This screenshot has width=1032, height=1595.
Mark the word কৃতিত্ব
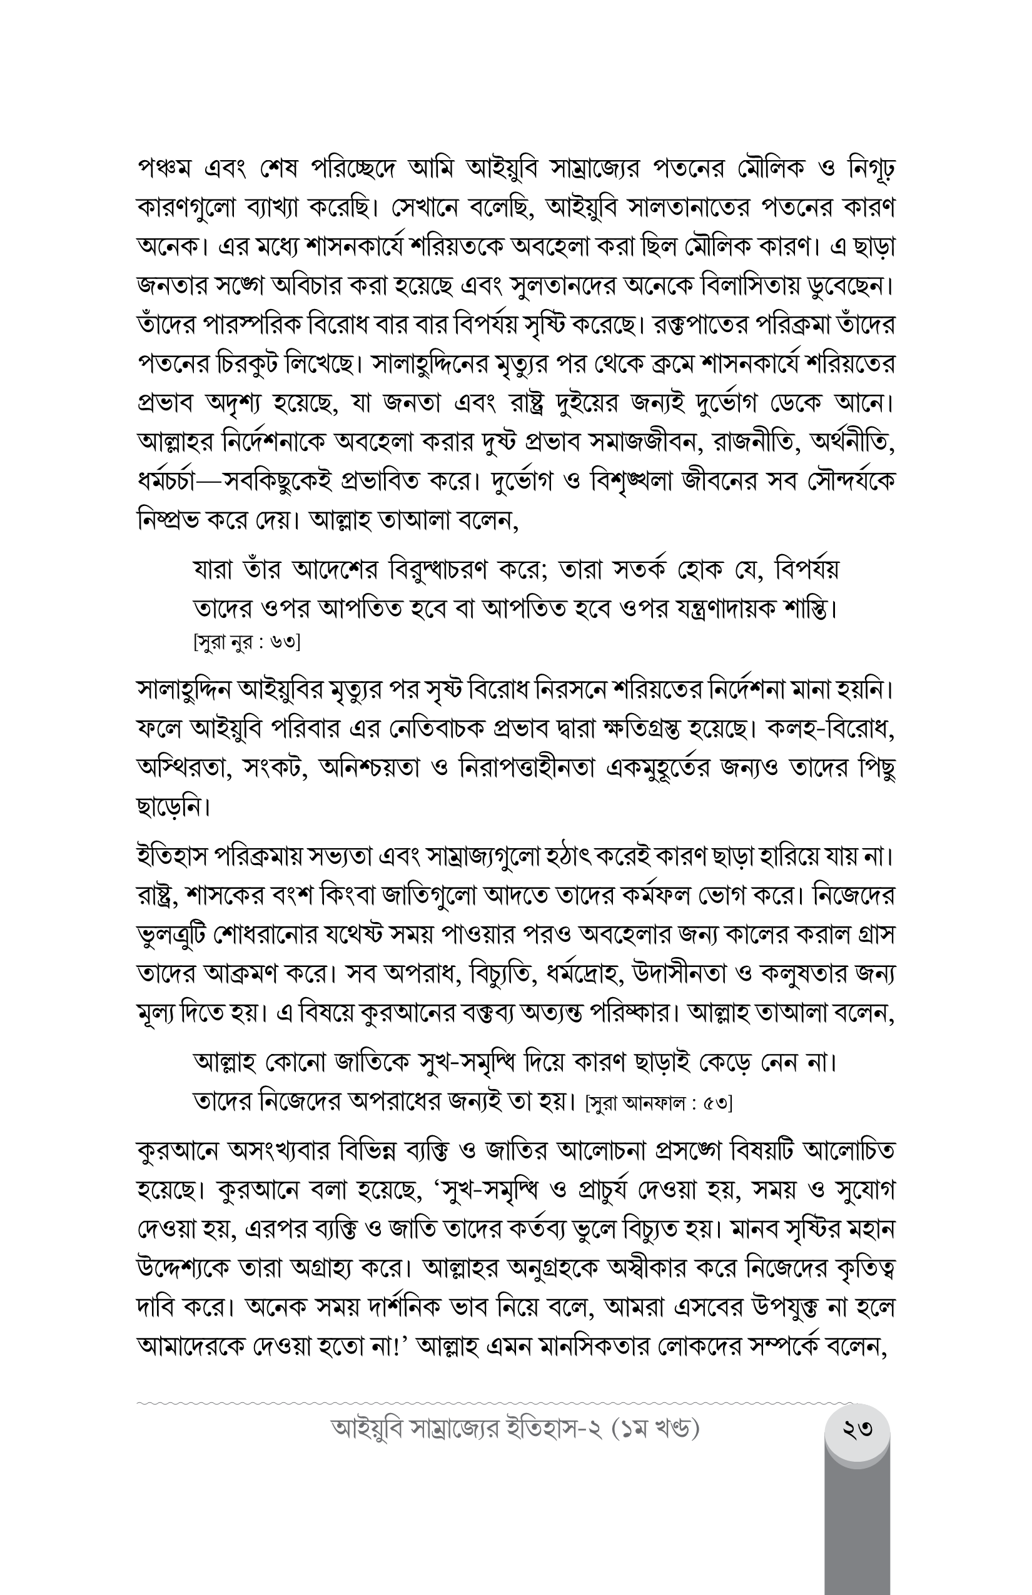point(862,1268)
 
